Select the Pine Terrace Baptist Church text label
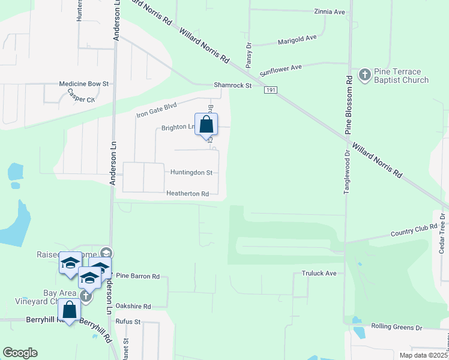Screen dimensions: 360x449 tap(401, 76)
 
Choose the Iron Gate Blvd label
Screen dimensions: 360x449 tap(156, 110)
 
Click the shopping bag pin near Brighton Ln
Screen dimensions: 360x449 tap(206, 125)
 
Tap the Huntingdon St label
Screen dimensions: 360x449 tap(191, 173)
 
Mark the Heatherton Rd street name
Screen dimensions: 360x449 tap(188, 194)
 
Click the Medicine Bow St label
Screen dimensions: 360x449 tap(83, 85)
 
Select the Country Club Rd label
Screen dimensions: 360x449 tap(414, 231)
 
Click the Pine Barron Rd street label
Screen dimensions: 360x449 tap(137, 277)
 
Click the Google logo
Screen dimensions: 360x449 tap(20, 353)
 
